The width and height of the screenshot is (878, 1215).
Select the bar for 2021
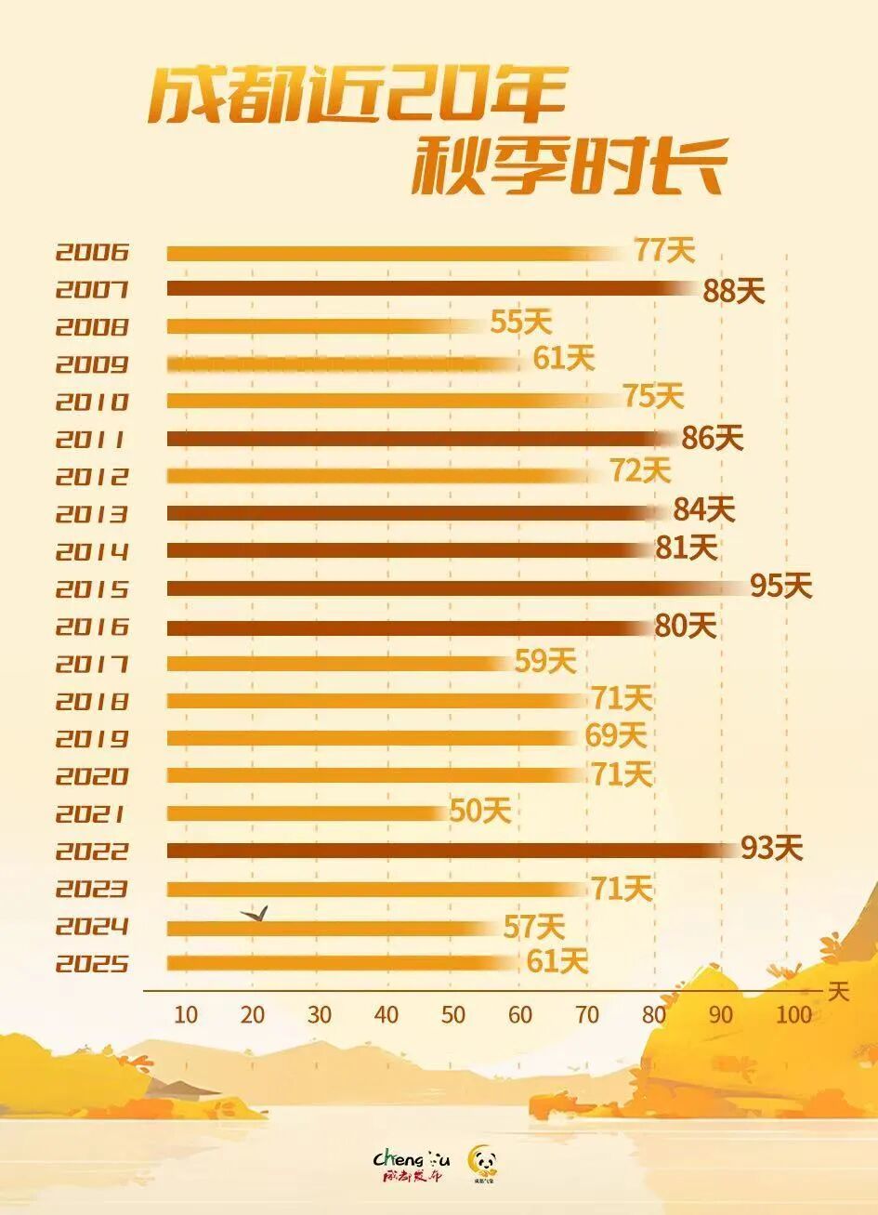pyautogui.click(x=307, y=813)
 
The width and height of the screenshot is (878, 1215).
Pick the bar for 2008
pyautogui.click(x=325, y=325)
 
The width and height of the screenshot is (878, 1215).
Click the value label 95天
pyautogui.click(x=781, y=587)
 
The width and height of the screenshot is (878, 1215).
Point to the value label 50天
pyautogui.click(x=480, y=812)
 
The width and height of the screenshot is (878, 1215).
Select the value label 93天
pyautogui.click(x=771, y=848)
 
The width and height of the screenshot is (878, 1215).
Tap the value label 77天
pyautogui.click(x=664, y=250)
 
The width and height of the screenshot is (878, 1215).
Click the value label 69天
pyautogui.click(x=616, y=736)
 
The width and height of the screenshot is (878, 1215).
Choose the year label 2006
pyautogui.click(x=91, y=252)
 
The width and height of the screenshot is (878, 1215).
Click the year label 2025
pyautogui.click(x=91, y=963)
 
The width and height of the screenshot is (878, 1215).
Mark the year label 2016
pyautogui.click(x=91, y=627)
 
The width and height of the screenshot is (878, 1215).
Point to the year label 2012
pyautogui.click(x=91, y=477)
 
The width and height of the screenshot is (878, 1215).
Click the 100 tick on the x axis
pyautogui.click(x=794, y=1014)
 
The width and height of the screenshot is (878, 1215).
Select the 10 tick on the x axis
pyautogui.click(x=186, y=1014)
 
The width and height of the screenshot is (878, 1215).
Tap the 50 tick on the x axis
pyautogui.click(x=453, y=1014)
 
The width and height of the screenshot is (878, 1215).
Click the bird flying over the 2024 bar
pyautogui.click(x=256, y=915)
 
